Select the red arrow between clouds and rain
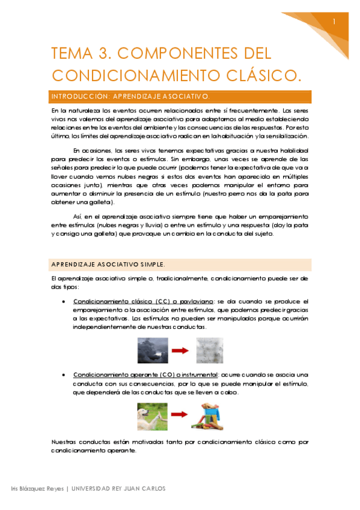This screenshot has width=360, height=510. [x=179, y=349]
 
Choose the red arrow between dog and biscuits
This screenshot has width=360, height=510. [x=178, y=416]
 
